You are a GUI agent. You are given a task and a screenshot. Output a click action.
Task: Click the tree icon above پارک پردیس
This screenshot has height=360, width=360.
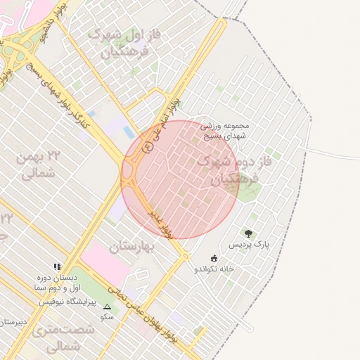click(x=248, y=233)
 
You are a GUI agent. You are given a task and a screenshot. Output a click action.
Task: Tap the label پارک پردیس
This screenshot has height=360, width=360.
click(x=249, y=245)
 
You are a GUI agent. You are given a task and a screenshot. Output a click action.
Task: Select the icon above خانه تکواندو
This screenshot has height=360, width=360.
click(x=214, y=258)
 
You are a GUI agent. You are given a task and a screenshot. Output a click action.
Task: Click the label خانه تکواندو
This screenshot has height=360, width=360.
click(x=214, y=269)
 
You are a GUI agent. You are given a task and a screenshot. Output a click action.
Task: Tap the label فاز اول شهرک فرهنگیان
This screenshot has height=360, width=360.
click(x=117, y=43)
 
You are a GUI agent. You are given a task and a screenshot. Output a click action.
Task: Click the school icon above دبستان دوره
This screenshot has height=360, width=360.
click(x=57, y=267)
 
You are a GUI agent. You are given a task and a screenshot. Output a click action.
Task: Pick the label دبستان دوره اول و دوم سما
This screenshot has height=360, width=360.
click(x=56, y=283)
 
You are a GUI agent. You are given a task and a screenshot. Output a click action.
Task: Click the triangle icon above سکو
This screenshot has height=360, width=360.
click(x=107, y=307)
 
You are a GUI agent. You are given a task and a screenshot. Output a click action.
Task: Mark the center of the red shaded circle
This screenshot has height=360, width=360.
click(x=181, y=179)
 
